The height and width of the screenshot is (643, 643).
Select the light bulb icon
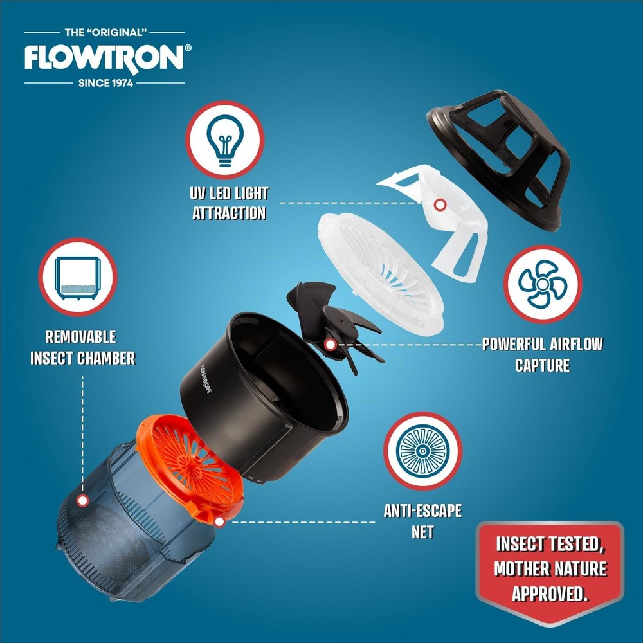click(224, 140)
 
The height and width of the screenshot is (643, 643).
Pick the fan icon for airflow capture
click(542, 284)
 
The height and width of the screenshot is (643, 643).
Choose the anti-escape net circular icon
click(422, 451)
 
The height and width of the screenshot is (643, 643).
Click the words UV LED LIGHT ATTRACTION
click(230, 203)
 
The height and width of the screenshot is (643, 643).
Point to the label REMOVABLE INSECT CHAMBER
click(82, 347)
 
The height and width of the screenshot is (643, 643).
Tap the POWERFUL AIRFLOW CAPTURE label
click(543, 354)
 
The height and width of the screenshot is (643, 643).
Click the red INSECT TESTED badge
click(550, 570)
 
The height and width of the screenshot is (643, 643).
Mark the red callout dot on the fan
click(330, 345)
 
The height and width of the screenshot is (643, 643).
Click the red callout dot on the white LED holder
click(440, 204)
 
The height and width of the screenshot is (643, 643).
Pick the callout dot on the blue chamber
click(82, 501)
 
